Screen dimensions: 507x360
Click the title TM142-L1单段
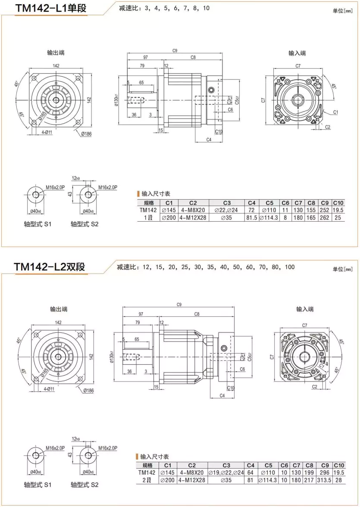(51, 9)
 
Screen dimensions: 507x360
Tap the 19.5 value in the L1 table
(338, 210)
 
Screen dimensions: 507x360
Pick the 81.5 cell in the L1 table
(252, 218)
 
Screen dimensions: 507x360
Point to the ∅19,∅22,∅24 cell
(226, 473)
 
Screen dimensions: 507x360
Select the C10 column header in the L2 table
(339, 465)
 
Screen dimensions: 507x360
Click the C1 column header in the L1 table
(169, 203)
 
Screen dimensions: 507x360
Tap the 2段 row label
(147, 480)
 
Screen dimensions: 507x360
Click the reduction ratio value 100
(290, 267)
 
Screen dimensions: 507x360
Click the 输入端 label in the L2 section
(304, 309)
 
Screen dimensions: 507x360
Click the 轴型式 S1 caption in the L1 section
(38, 224)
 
